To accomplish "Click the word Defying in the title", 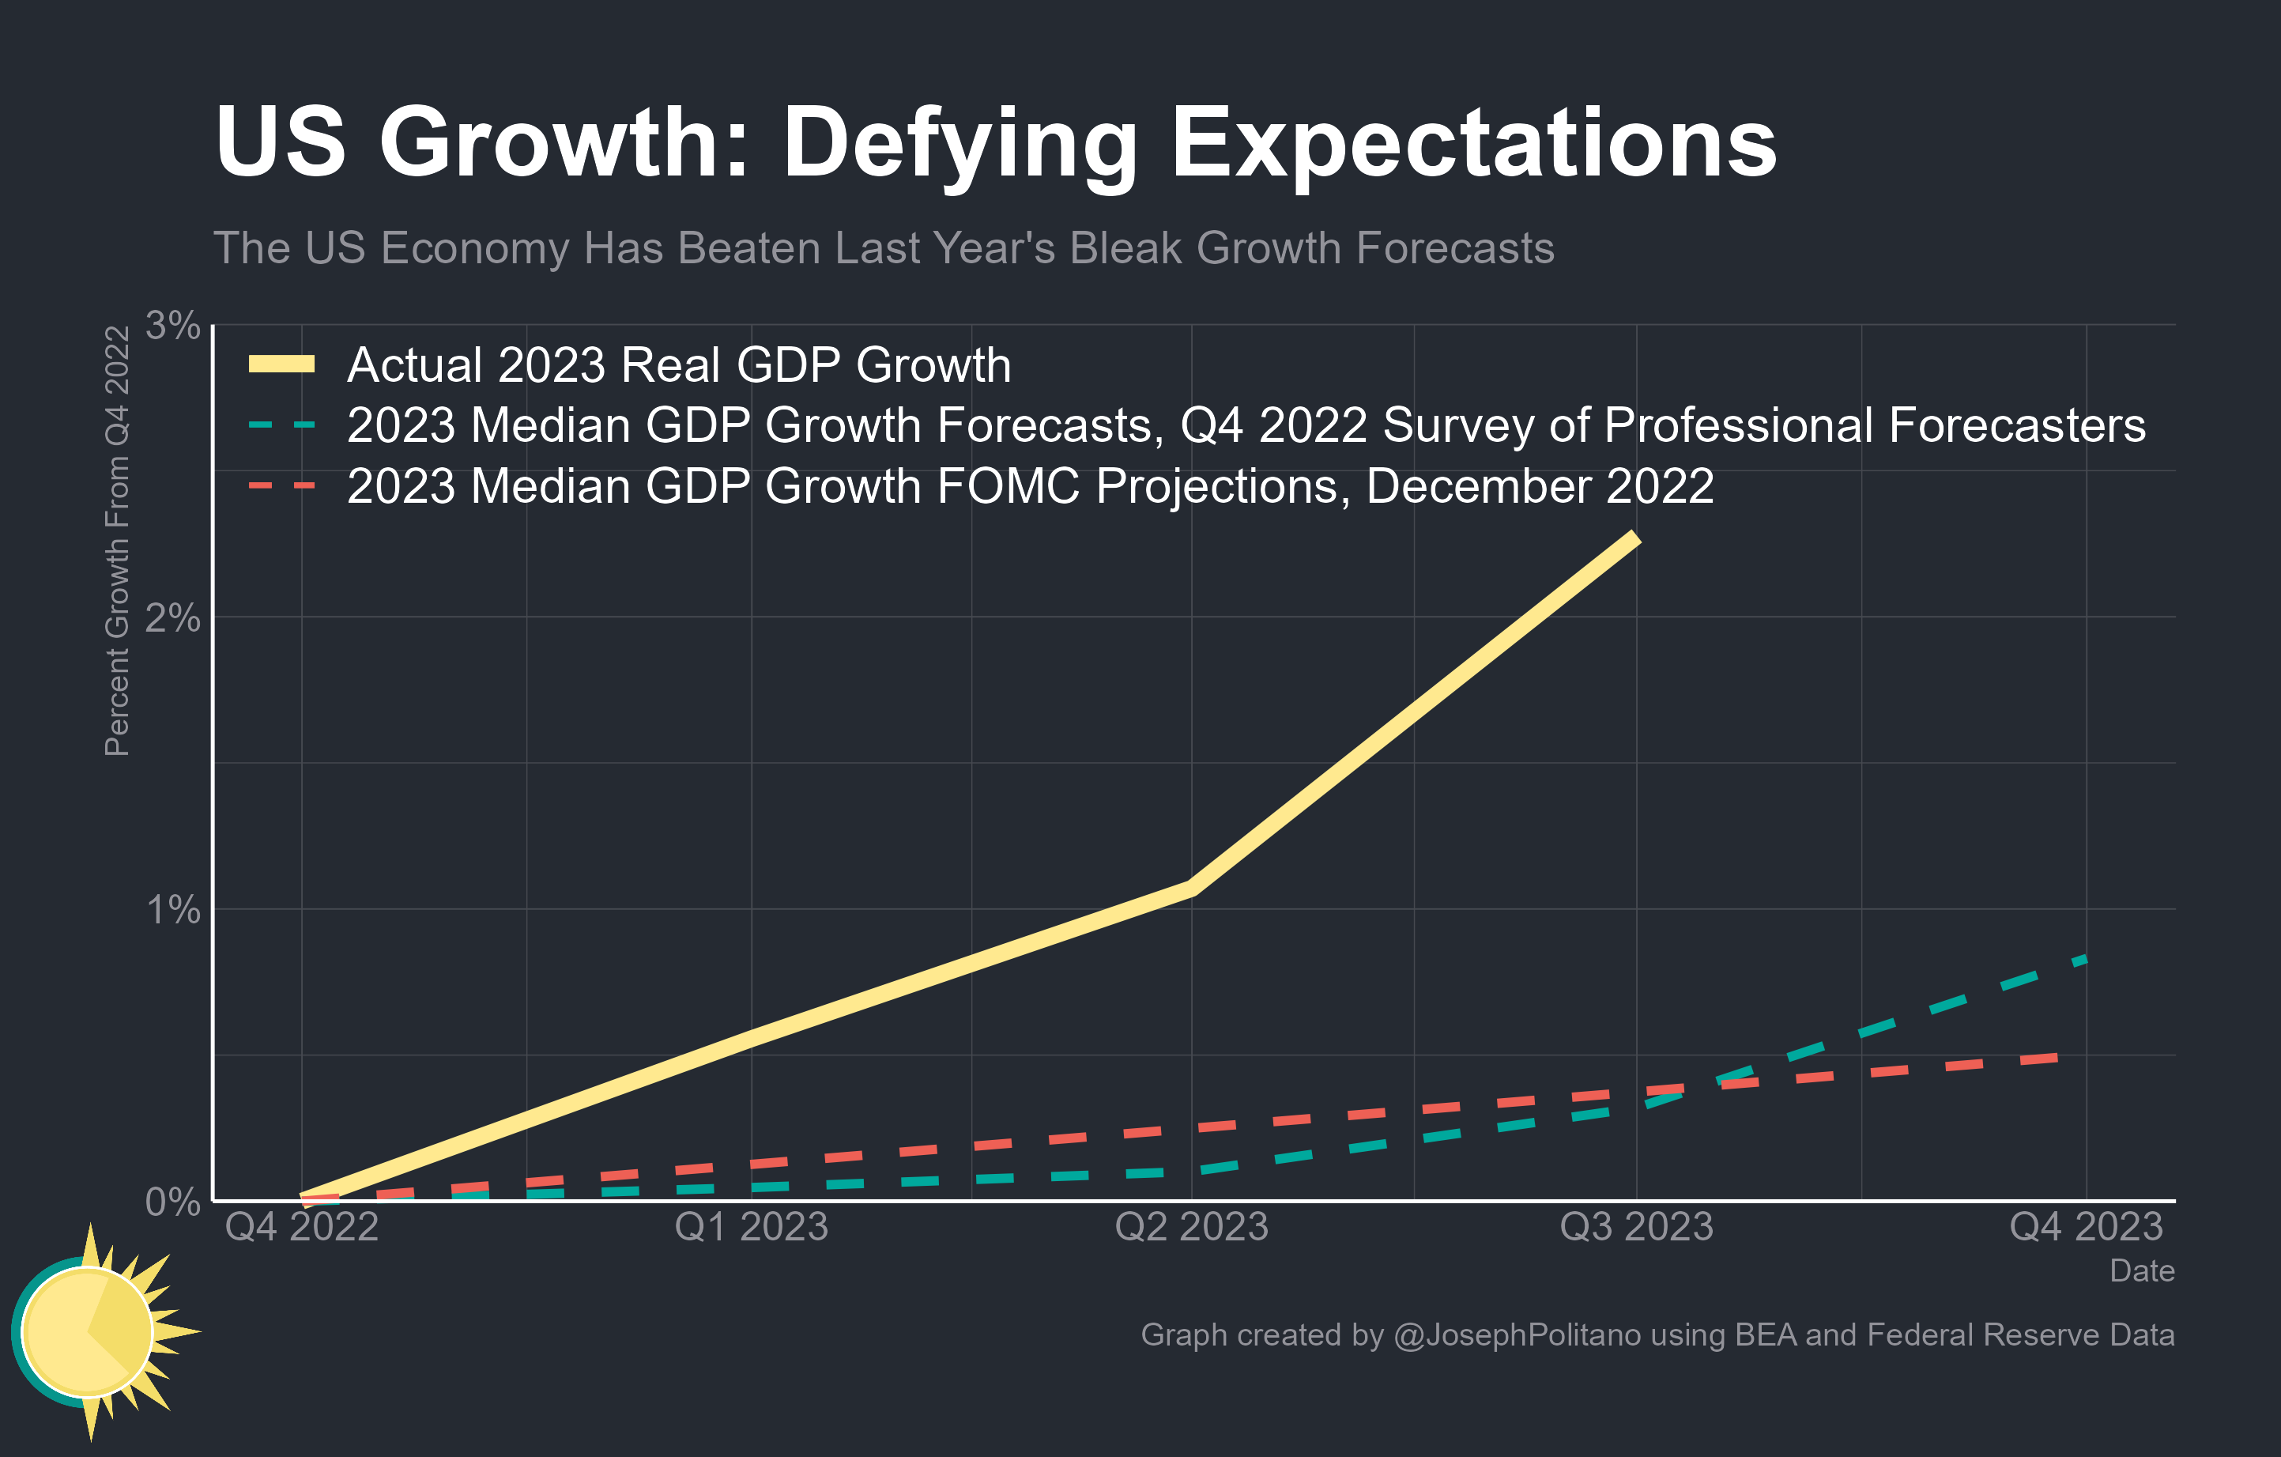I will click(959, 144).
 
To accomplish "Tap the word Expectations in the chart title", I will click(1474, 144).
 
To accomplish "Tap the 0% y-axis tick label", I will click(172, 1202).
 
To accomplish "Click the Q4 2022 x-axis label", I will click(301, 1227).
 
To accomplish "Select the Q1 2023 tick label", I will click(751, 1227).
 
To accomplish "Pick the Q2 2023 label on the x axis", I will click(1192, 1227).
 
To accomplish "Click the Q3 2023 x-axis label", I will click(1636, 1227).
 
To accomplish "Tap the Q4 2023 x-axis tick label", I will click(2086, 1227).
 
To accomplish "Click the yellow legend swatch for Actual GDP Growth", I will click(281, 364).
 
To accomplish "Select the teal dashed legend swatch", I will click(281, 425).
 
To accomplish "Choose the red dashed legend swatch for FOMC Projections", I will click(281, 486).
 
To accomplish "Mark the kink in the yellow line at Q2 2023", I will click(1192, 888).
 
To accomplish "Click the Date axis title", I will click(2141, 1270).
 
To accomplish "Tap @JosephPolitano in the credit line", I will click(1517, 1334).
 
